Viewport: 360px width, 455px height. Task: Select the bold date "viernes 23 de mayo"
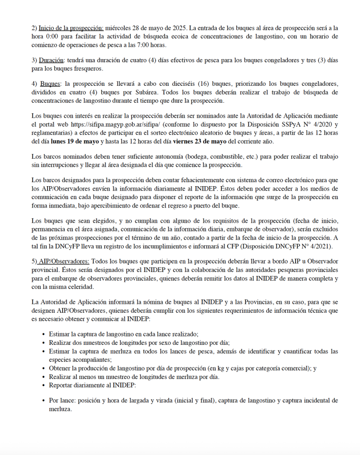point(202,141)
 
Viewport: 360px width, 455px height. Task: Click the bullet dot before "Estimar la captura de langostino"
point(43,335)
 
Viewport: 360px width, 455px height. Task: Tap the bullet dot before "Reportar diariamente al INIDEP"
point(43,386)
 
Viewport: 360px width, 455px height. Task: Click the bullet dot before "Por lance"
point(43,401)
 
